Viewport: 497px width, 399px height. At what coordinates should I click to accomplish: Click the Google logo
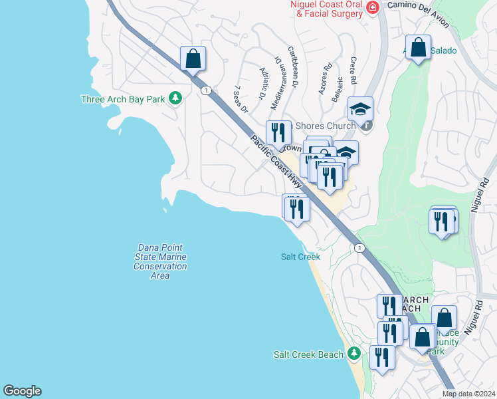tap(22, 391)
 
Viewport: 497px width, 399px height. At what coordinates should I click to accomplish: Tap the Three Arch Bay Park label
tap(122, 99)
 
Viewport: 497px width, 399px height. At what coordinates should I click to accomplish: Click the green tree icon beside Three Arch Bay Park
tap(175, 98)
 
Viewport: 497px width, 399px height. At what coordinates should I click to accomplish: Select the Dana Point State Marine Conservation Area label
tap(160, 261)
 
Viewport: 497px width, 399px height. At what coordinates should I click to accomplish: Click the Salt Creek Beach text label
tap(308, 354)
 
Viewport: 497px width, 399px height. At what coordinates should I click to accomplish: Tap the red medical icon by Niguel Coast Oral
tap(372, 7)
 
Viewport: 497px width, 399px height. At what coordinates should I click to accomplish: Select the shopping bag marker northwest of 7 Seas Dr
tap(193, 59)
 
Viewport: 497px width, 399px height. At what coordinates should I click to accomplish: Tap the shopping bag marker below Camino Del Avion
tap(418, 48)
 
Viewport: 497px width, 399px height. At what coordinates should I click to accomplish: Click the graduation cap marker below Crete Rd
tap(360, 109)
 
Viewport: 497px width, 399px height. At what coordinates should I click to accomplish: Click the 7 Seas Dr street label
tap(241, 98)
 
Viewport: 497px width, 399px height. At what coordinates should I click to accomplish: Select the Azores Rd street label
tap(325, 78)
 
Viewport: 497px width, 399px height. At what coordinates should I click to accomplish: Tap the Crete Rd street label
tap(353, 70)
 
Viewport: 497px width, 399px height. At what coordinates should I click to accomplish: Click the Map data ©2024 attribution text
tap(469, 394)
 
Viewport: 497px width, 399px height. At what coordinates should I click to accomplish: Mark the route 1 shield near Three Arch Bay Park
tap(207, 90)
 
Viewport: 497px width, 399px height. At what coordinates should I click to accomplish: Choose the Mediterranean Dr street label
tap(280, 71)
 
